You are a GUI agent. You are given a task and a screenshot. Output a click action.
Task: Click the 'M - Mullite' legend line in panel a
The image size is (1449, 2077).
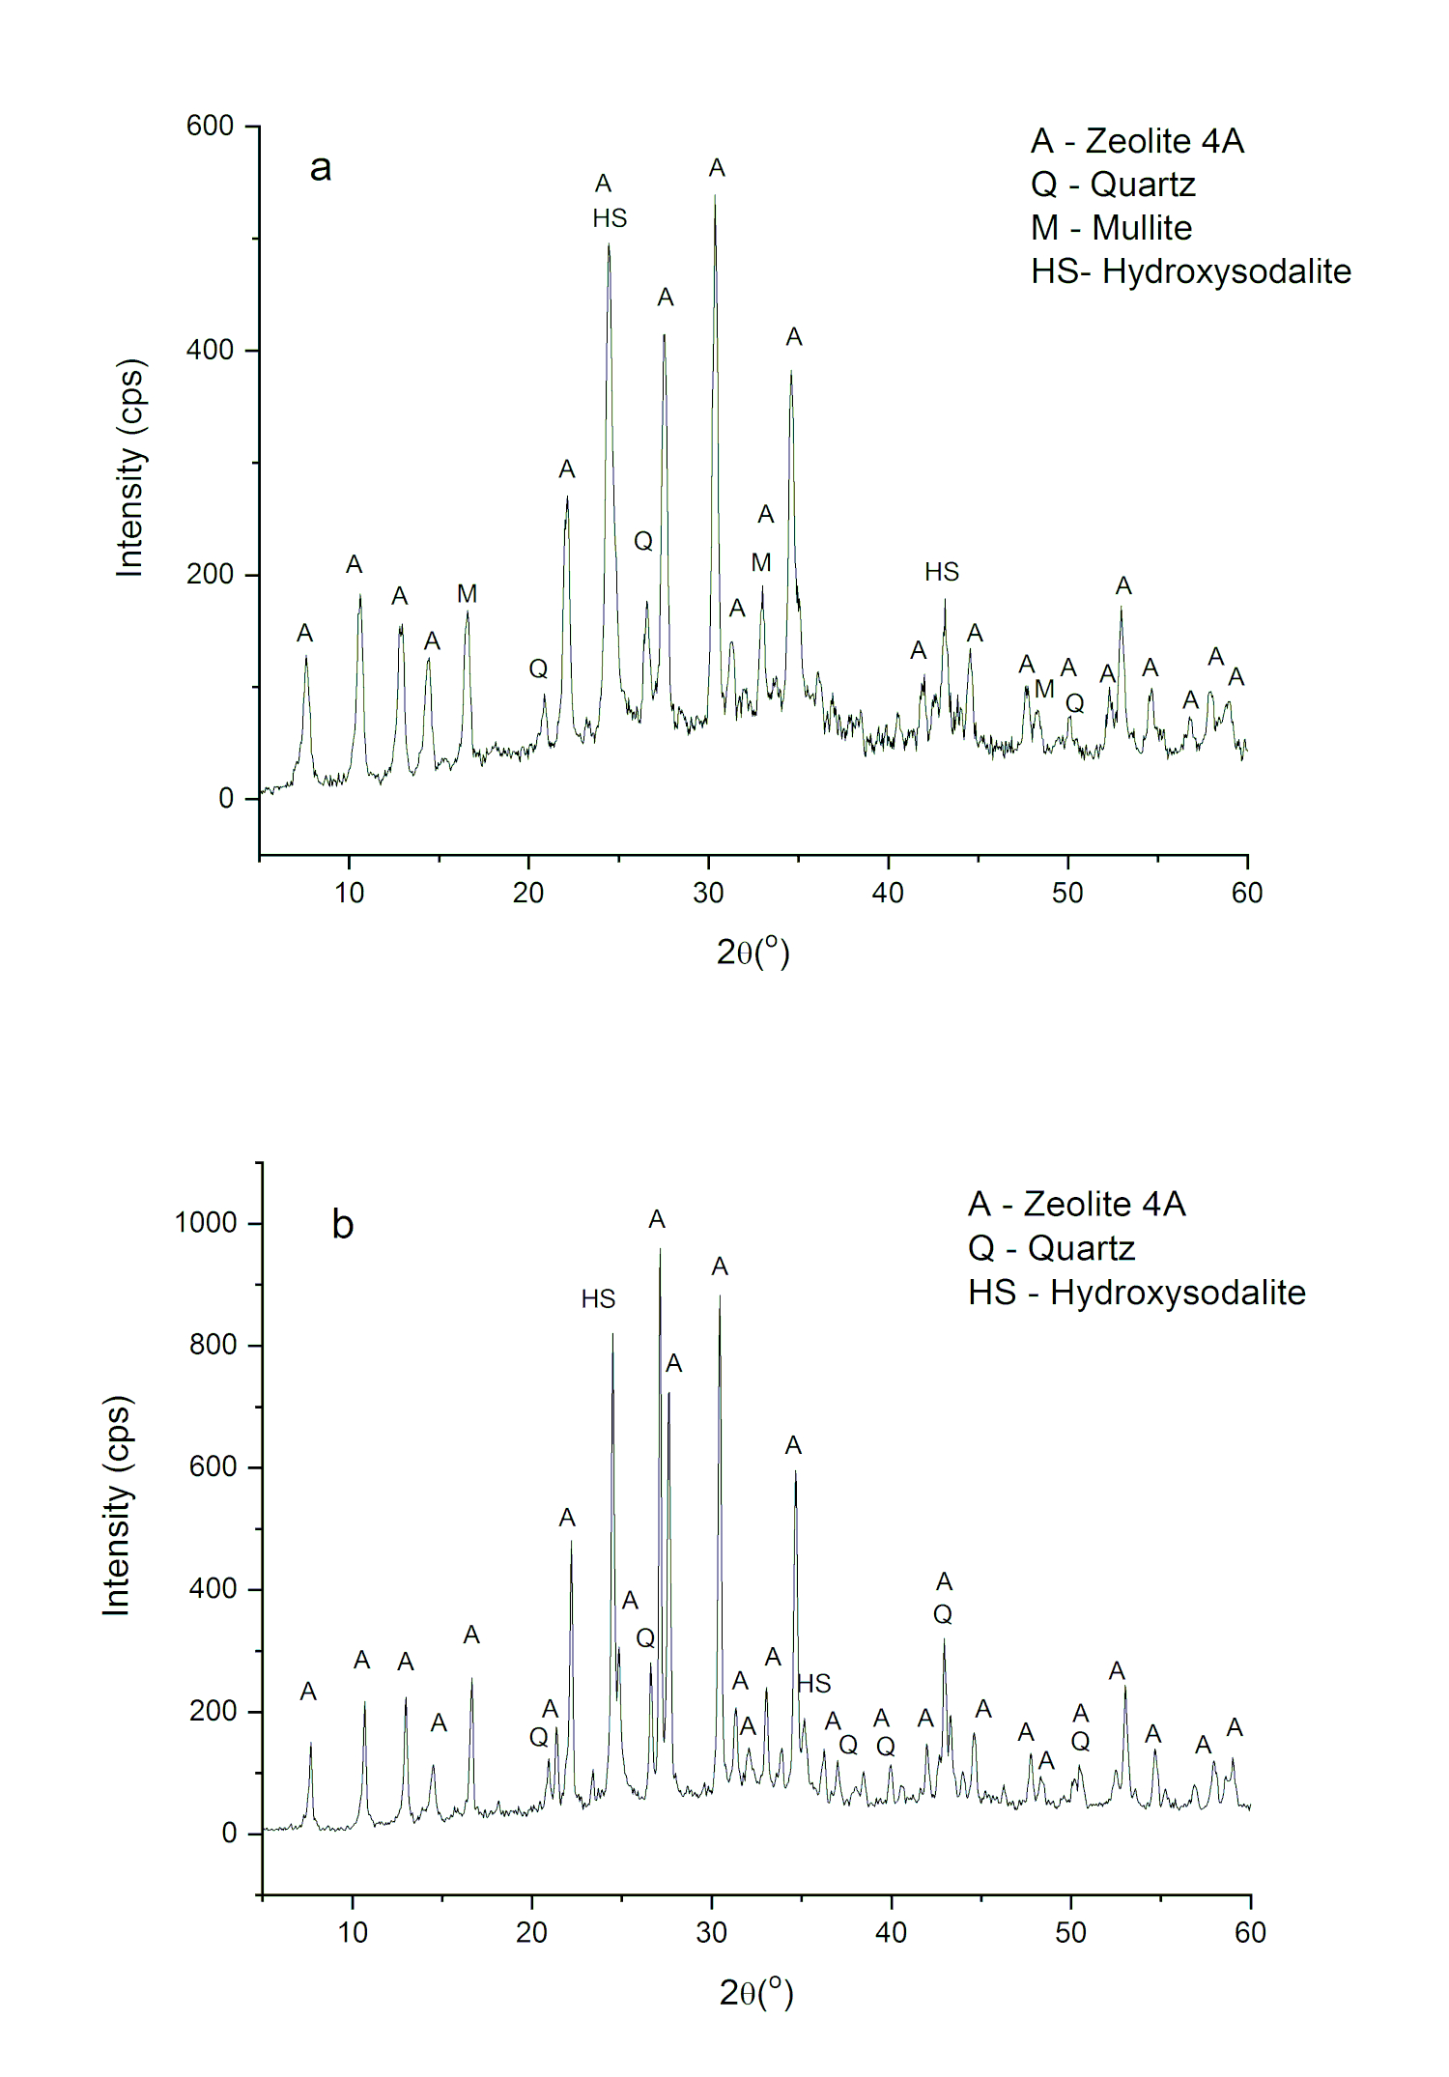point(1111,228)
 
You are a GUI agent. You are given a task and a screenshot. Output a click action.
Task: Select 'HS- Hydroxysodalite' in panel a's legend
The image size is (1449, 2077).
point(1191,271)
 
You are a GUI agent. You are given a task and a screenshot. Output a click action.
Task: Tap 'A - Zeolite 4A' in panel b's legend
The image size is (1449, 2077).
point(1077,1204)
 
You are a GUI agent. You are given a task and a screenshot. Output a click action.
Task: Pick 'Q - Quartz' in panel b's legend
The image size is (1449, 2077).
point(1051,1248)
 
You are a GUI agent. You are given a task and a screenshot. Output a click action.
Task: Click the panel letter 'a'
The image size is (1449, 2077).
point(321,168)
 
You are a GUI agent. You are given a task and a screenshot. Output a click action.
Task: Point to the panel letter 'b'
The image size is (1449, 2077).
point(343,1224)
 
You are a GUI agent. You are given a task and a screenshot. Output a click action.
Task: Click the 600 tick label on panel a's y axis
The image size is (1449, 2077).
point(211,126)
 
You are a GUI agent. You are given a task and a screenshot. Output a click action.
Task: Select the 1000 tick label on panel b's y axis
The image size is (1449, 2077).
point(206,1223)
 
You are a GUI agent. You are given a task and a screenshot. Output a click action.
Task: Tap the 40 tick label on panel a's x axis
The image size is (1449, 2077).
point(888,893)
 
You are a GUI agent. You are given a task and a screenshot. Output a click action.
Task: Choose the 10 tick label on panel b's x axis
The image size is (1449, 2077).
point(353,1932)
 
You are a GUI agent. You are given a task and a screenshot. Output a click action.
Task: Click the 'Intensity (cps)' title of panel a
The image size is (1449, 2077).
point(129,469)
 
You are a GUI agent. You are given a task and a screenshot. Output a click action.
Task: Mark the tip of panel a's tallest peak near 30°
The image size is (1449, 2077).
point(715,195)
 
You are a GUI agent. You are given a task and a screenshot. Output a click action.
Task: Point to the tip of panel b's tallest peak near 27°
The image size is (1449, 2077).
point(660,1248)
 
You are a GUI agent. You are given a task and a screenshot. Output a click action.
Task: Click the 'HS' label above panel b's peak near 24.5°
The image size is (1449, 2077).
point(598,1299)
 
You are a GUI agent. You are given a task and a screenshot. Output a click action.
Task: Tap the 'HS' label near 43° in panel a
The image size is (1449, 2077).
point(942,572)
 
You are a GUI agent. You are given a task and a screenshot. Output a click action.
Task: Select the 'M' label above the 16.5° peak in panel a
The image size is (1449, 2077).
point(468,594)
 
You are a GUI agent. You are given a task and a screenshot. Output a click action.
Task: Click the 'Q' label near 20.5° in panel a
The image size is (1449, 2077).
point(538,669)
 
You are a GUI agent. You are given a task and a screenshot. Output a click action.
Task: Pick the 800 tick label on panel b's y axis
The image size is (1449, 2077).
point(213,1345)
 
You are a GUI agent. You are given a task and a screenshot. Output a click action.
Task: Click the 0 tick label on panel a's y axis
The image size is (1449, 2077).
point(226,799)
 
